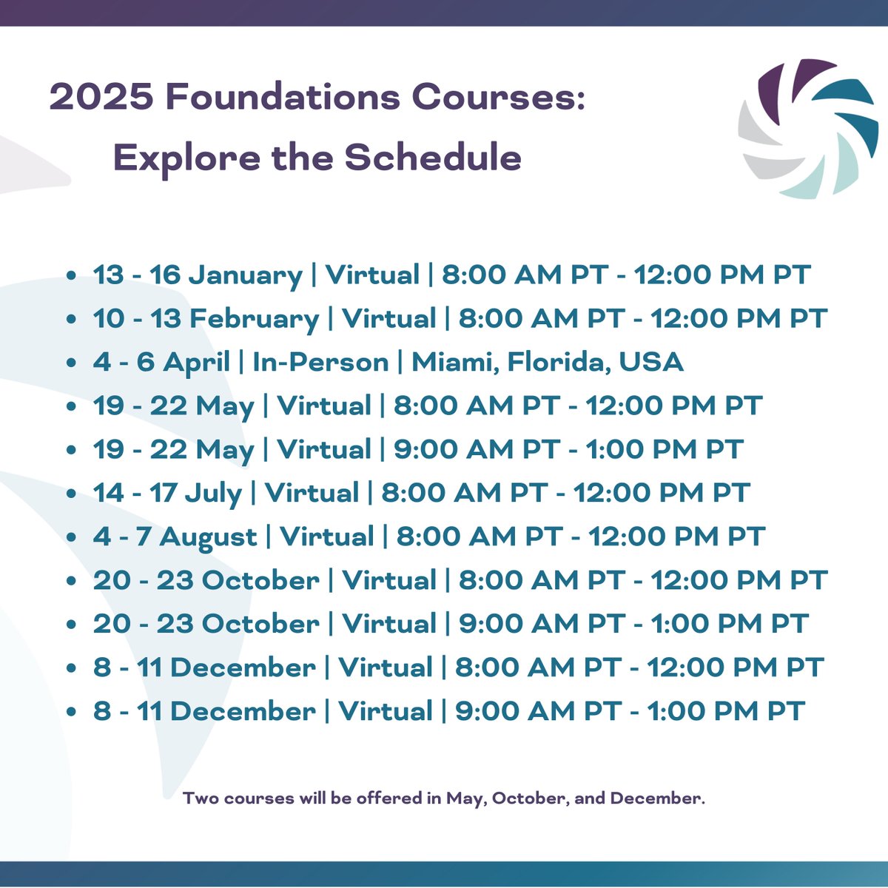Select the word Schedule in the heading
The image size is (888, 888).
click(433, 157)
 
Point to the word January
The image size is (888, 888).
click(246, 276)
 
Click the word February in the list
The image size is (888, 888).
click(254, 320)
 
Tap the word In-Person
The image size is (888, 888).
click(320, 363)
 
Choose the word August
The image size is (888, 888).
click(208, 538)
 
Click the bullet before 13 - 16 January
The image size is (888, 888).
click(71, 276)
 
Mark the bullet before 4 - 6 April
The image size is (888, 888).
click(71, 363)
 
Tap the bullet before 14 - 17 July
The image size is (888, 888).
click(71, 494)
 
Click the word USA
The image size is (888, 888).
click(651, 363)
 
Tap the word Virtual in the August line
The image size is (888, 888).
click(327, 537)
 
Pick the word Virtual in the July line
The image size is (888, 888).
click(312, 494)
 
